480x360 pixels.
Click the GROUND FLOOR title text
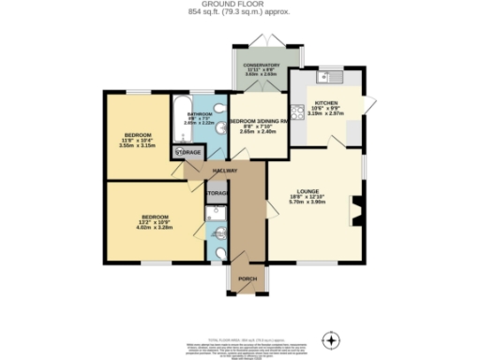coord(239,5)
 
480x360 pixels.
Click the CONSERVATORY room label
coord(262,65)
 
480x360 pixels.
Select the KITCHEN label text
coord(325,103)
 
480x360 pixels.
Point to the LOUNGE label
coord(308,191)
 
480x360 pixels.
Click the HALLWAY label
coord(224,171)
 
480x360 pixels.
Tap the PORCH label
coord(247,279)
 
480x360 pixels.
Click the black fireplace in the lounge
coord(354,208)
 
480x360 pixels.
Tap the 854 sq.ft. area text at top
coord(239,13)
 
